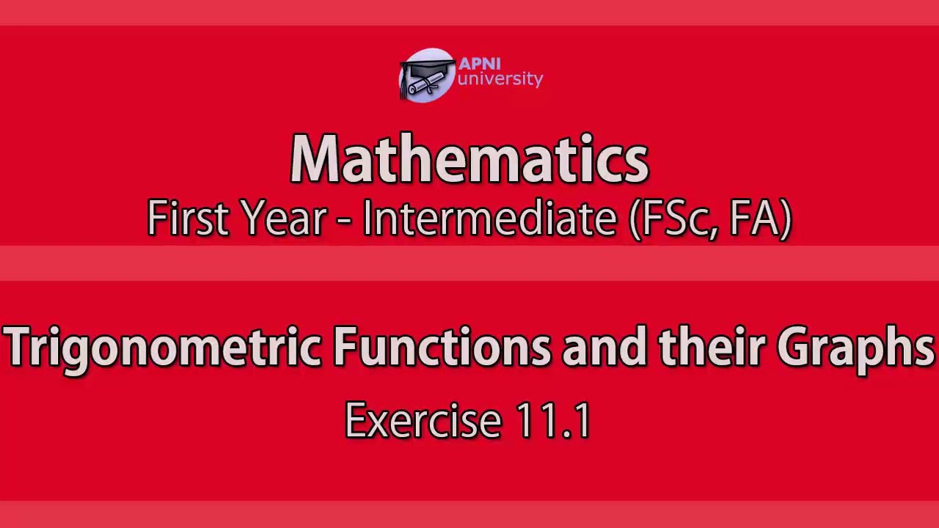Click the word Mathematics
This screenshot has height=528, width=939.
(469, 159)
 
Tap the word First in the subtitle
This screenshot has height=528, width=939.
(188, 219)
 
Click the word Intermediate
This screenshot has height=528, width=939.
(489, 219)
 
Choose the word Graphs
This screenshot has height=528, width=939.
(855, 348)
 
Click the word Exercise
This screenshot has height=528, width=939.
(423, 421)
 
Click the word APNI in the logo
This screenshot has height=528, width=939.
(479, 64)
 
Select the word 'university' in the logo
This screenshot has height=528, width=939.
(500, 79)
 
